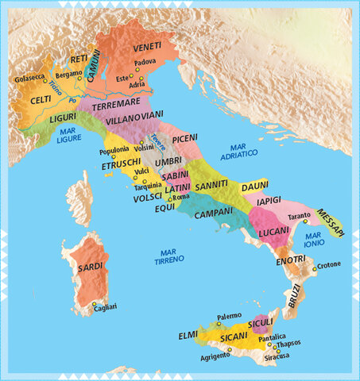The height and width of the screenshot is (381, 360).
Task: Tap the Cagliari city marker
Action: [x=95, y=304]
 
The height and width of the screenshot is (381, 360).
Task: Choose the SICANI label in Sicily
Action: [x=234, y=337]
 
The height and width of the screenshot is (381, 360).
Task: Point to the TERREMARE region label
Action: [x=116, y=104]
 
